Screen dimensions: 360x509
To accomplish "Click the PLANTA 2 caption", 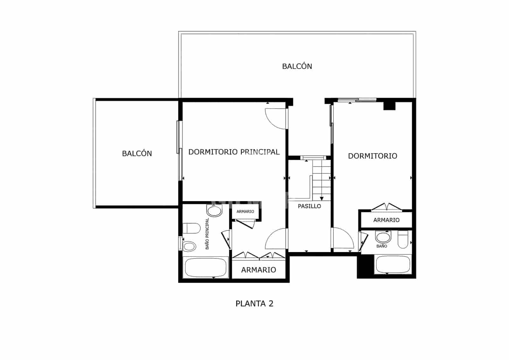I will pyautogui.click(x=254, y=304).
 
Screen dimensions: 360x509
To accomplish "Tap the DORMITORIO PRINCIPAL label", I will pyautogui.click(x=234, y=152).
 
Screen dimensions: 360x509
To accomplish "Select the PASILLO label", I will pyautogui.click(x=309, y=206).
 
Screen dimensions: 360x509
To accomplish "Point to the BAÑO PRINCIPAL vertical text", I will pyautogui.click(x=207, y=233).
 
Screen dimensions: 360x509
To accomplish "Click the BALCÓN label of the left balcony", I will pyautogui.click(x=137, y=153).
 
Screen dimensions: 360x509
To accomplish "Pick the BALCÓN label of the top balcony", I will pyautogui.click(x=297, y=66).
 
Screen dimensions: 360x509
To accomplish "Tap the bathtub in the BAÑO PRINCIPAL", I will pyautogui.click(x=206, y=268).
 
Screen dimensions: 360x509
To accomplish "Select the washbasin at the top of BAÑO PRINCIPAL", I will pyautogui.click(x=214, y=210).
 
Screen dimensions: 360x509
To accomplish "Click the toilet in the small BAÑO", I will pyautogui.click(x=403, y=239).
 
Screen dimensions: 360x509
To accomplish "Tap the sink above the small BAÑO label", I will pyautogui.click(x=382, y=237).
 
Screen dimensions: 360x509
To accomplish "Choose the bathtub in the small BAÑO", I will pyautogui.click(x=393, y=264).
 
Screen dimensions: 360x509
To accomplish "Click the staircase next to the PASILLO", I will pyautogui.click(x=322, y=180).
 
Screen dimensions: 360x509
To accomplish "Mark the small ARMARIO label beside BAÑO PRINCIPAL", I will pyautogui.click(x=245, y=212).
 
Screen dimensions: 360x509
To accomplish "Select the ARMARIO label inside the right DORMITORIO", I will pyautogui.click(x=386, y=220).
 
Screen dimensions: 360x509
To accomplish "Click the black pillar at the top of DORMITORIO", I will pyautogui.click(x=389, y=106).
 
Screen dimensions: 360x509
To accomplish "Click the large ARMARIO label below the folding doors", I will pyautogui.click(x=258, y=270).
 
